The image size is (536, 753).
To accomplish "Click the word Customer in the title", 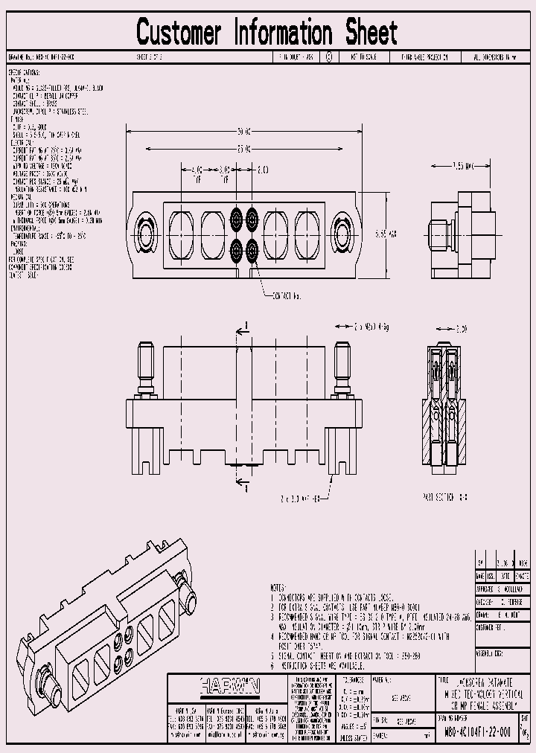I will click(x=179, y=33).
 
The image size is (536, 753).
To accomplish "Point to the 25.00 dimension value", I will click(x=243, y=148).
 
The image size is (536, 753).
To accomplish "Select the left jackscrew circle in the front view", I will click(x=144, y=234).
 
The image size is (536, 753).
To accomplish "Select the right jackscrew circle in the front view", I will click(x=343, y=234).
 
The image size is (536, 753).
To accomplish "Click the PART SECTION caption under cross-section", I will click(x=444, y=496).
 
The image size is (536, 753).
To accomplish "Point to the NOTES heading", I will click(x=277, y=587).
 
